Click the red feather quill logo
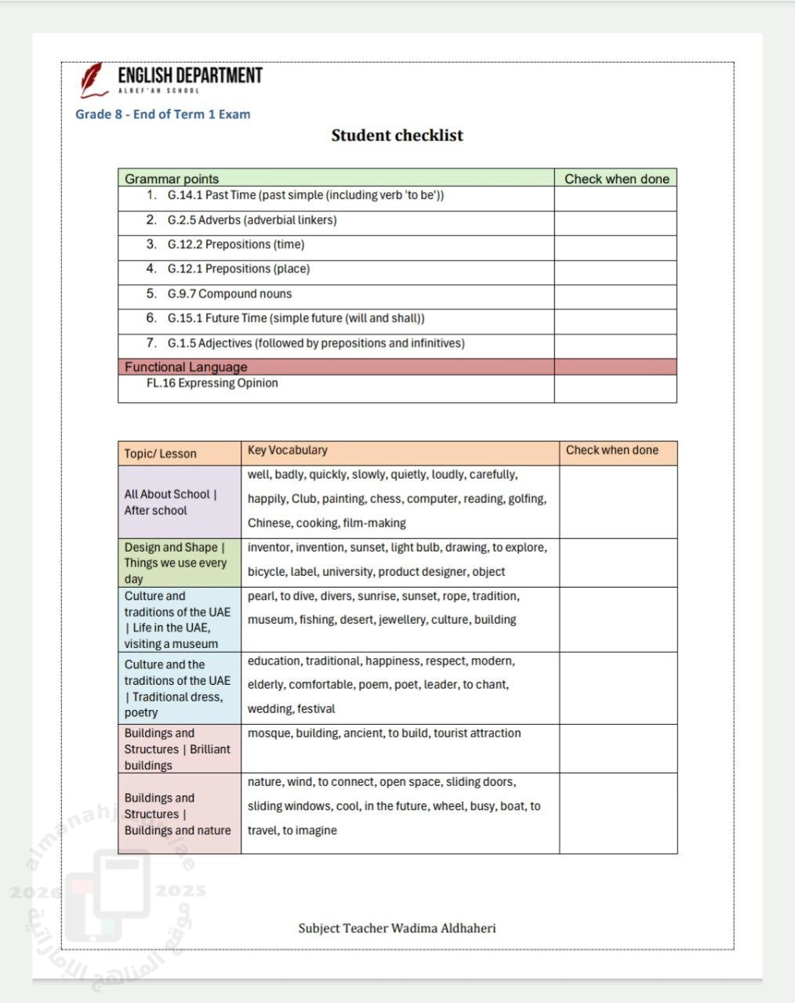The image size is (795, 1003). (93, 80)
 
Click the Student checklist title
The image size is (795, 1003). (397, 136)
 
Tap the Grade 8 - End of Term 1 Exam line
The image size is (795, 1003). (163, 114)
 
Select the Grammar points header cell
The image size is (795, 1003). (172, 179)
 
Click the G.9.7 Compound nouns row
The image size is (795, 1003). (229, 294)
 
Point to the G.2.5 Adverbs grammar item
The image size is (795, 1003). (252, 220)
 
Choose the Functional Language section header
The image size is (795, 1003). (186, 367)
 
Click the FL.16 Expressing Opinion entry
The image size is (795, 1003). (212, 383)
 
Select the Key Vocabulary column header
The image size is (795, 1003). (287, 451)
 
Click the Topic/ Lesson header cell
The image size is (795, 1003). (160, 454)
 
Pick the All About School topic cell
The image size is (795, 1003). (170, 502)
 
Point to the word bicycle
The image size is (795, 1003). (266, 572)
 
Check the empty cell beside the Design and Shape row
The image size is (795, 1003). (618, 563)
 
